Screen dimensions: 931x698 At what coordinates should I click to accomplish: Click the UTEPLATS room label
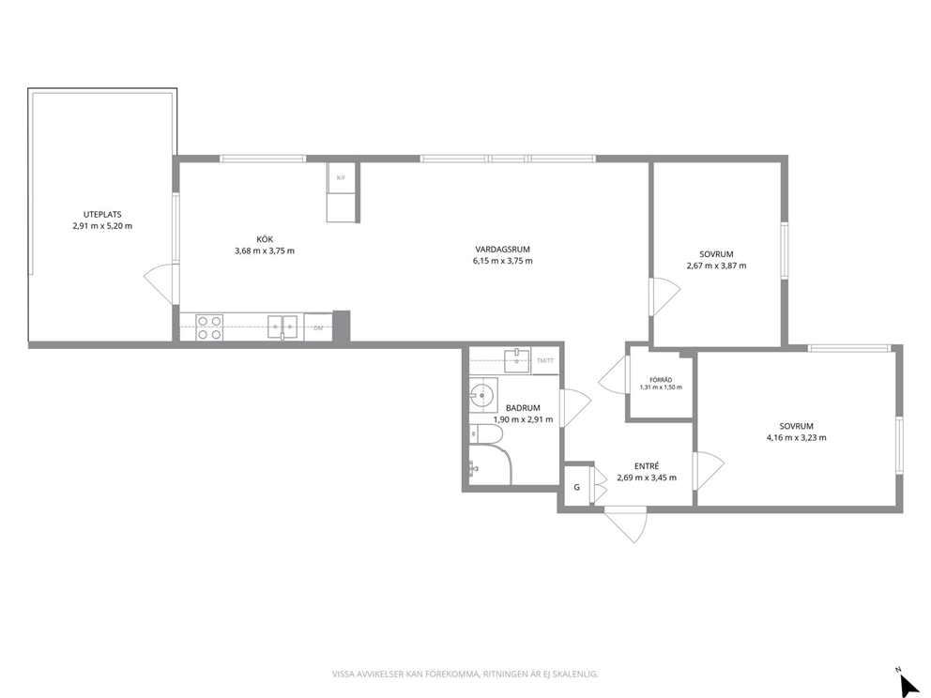pyautogui.click(x=102, y=214)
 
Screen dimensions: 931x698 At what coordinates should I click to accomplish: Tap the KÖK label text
pyautogui.click(x=265, y=239)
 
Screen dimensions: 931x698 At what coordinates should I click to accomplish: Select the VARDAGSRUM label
pyautogui.click(x=502, y=250)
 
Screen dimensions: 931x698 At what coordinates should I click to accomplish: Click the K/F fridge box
pyautogui.click(x=341, y=177)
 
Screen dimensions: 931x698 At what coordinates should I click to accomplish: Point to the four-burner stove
pyautogui.click(x=209, y=327)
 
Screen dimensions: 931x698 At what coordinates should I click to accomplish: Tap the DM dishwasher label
pyautogui.click(x=318, y=328)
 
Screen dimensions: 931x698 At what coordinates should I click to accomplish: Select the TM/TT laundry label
pyautogui.click(x=545, y=360)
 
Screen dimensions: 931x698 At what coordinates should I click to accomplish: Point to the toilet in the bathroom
pyautogui.click(x=486, y=434)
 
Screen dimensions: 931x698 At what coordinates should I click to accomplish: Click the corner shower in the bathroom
pyautogui.click(x=491, y=465)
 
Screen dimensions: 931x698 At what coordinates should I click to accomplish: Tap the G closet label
pyautogui.click(x=576, y=487)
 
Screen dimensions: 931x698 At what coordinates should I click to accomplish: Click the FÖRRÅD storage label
pyautogui.click(x=661, y=380)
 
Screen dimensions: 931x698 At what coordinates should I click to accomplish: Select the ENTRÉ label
pyautogui.click(x=647, y=466)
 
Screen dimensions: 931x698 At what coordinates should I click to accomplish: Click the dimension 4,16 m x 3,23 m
pyautogui.click(x=796, y=438)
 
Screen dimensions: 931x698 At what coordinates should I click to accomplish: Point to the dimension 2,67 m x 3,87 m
pyautogui.click(x=717, y=266)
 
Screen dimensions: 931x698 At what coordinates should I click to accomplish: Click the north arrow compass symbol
pyautogui.click(x=908, y=683)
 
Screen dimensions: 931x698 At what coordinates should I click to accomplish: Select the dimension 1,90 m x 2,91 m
pyautogui.click(x=523, y=419)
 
